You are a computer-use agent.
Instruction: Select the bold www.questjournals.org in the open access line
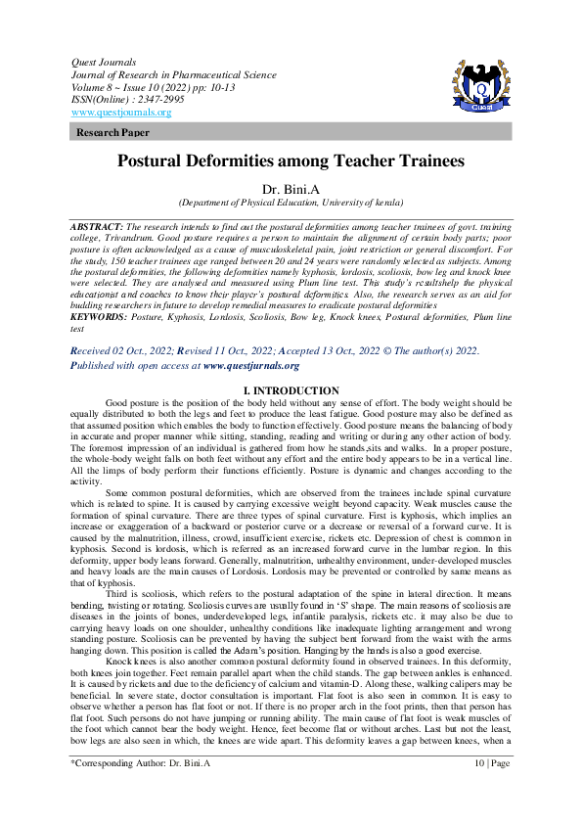pos(251,365)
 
